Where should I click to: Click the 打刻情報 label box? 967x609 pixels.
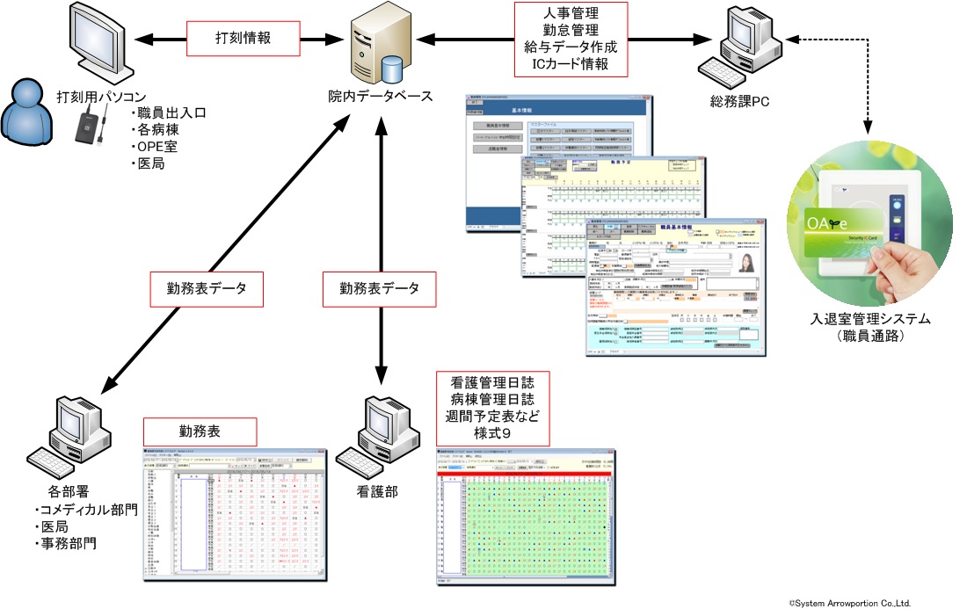click(244, 40)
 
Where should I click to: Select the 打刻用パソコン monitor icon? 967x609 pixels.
click(98, 43)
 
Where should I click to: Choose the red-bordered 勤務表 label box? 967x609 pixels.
click(200, 431)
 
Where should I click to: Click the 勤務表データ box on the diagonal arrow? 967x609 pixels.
click(207, 288)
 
